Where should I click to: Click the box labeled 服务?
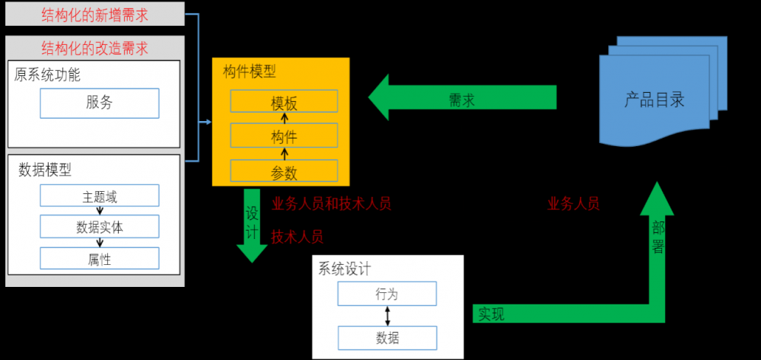coord(100,103)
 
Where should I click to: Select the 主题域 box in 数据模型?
coord(100,196)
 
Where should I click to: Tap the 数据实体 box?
coord(100,227)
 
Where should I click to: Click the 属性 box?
coord(100,259)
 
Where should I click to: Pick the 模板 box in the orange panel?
coord(284,101)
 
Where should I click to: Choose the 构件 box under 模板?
coord(284,136)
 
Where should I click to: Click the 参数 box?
coord(284,171)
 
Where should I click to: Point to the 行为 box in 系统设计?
coord(387,294)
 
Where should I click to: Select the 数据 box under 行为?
coord(387,337)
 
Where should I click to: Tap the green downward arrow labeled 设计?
coord(252,225)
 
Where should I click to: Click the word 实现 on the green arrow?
coord(491,314)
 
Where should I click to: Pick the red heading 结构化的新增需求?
coord(94,13)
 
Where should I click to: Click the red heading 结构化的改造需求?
coord(94,47)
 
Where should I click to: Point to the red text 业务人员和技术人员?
coord(331,203)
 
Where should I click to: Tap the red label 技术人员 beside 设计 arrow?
coord(298,237)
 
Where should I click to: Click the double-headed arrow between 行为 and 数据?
coord(387,316)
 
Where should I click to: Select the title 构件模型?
coord(250,72)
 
